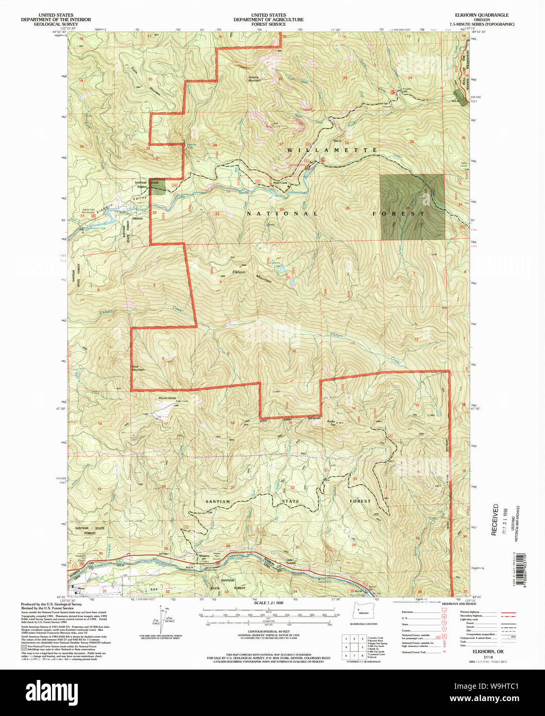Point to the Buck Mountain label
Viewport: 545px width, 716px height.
(138, 368)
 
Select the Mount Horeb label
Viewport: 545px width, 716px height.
(167, 398)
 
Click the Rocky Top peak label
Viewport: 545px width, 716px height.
(331, 422)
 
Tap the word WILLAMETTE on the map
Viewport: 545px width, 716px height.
(332, 150)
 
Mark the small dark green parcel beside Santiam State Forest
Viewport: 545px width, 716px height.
(158, 186)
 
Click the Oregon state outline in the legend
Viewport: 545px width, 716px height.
(364, 612)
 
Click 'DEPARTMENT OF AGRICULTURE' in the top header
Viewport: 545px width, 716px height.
(268, 20)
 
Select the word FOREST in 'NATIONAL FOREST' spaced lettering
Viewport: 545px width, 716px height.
(400, 213)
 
